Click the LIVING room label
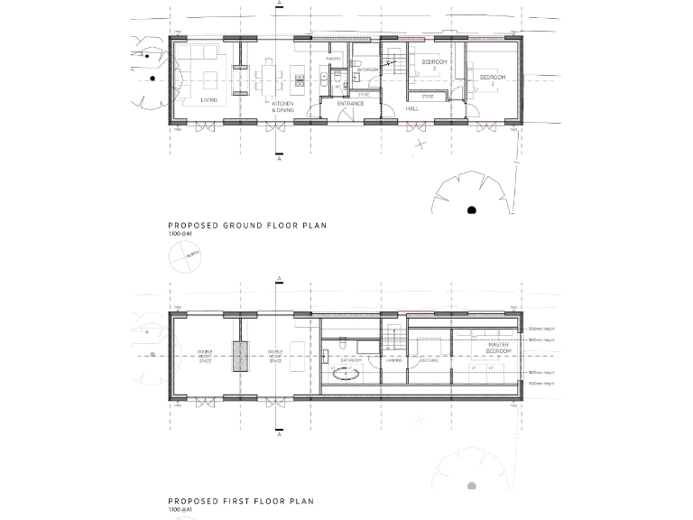tap(208, 100)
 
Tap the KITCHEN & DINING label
tap(283, 107)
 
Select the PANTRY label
tap(333, 59)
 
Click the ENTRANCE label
tap(350, 103)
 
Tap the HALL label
tap(411, 108)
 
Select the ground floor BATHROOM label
tap(367, 70)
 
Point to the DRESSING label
tap(429, 360)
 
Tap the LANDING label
tap(393, 360)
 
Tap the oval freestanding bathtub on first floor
tap(348, 371)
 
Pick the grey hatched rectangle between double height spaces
tap(239, 356)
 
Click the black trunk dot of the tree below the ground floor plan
tap(471, 211)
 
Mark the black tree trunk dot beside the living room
tap(154, 79)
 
